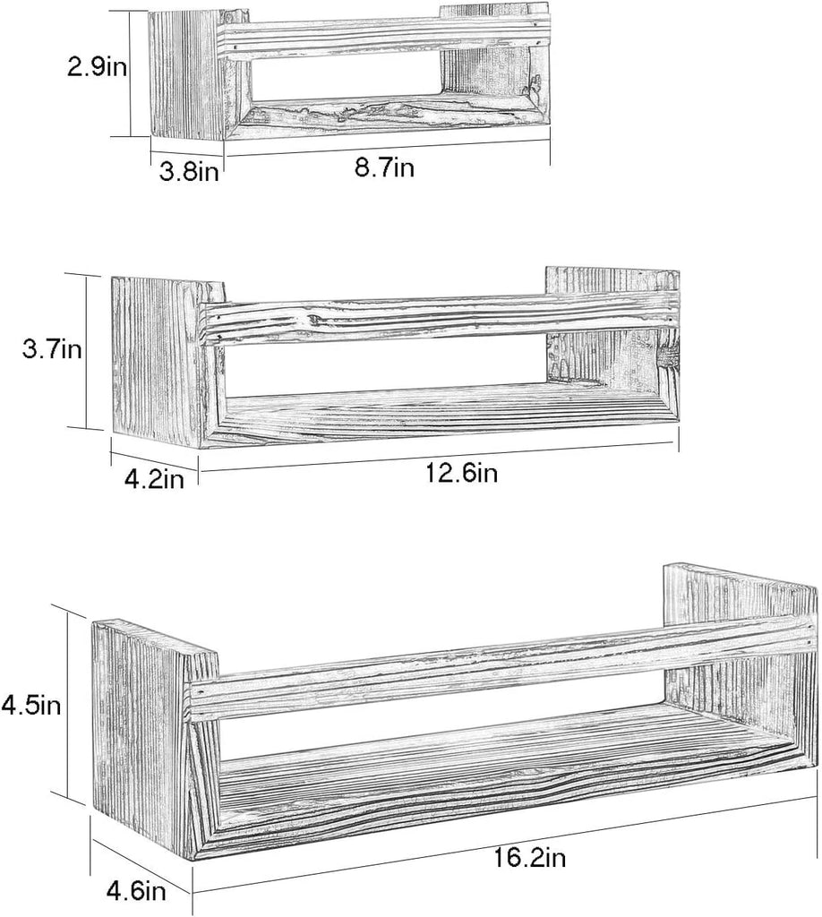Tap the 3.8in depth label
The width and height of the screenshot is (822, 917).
pyautogui.click(x=189, y=173)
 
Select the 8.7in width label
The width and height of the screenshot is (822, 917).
pyautogui.click(x=385, y=167)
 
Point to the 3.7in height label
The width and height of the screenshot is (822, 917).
pyautogui.click(x=51, y=350)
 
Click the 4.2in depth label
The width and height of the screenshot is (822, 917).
pyautogui.click(x=154, y=479)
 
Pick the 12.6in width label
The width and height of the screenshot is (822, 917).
pyautogui.click(x=461, y=473)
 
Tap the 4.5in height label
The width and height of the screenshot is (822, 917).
pyautogui.click(x=31, y=705)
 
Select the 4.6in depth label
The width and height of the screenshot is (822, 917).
pyautogui.click(x=136, y=891)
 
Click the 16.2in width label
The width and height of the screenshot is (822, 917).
pyautogui.click(x=530, y=858)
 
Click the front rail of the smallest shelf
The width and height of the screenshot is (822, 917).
pyautogui.click(x=387, y=37)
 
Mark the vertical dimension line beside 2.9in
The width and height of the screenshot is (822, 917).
pyautogui.click(x=129, y=73)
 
